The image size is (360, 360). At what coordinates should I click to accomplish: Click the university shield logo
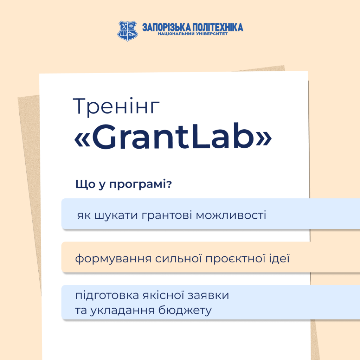click(128, 30)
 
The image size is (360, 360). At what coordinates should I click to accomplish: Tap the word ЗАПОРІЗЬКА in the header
click(164, 27)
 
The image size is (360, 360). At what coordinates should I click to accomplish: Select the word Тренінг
click(116, 107)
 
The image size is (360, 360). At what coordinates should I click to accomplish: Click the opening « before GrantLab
click(82, 138)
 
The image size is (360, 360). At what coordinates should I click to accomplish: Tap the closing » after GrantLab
click(264, 138)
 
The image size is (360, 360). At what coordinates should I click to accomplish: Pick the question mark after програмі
click(169, 185)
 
